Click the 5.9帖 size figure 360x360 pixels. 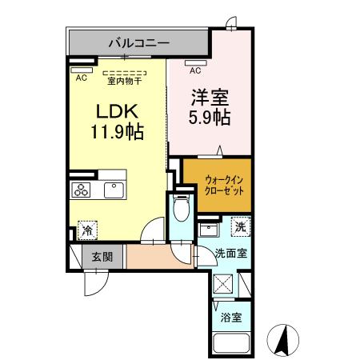click(209, 118)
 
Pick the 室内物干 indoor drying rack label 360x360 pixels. click(123, 79)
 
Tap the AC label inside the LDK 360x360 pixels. click(81, 78)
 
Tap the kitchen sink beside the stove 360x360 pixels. click(111, 190)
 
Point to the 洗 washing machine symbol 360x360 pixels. click(240, 227)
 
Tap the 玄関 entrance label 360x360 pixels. click(101, 257)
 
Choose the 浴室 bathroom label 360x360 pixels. click(231, 316)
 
